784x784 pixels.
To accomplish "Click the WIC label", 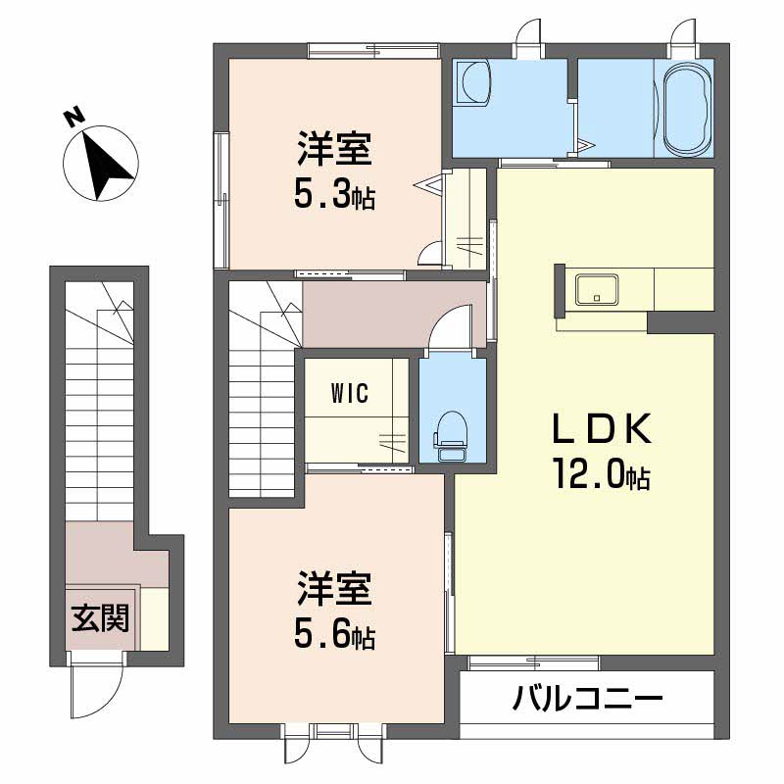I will (x=349, y=394).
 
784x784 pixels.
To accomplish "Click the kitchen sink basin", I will (x=597, y=289).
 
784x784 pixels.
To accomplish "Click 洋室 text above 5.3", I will (x=334, y=152).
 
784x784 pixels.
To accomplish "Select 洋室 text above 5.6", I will (x=334, y=593).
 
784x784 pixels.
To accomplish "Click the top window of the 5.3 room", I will (x=372, y=48).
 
